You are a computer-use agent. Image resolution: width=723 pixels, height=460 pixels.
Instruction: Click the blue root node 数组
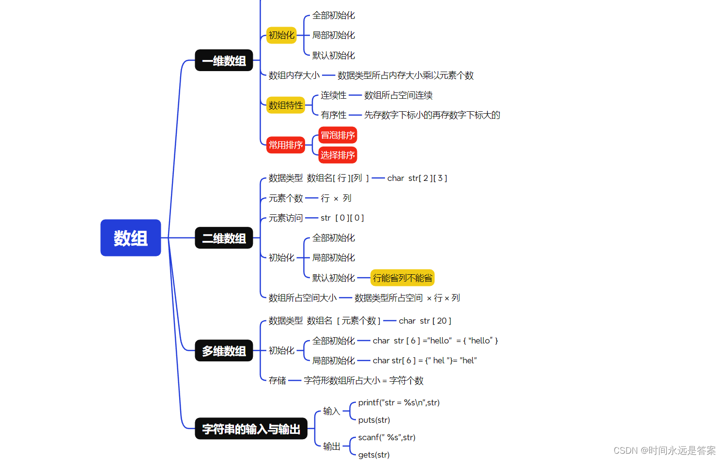130,238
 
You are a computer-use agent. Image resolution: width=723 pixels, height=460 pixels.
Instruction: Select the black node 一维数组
224,60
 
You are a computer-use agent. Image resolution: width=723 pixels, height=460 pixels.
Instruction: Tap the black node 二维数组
224,238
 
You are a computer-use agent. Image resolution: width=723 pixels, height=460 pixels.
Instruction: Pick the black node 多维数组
224,351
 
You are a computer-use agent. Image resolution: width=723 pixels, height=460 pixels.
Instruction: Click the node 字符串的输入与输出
251,429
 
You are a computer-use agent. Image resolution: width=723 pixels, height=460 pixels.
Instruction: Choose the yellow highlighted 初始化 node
281,35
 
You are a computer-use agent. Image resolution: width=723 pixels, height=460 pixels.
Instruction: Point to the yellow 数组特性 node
286,105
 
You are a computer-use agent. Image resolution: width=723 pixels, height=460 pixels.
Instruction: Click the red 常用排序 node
286,145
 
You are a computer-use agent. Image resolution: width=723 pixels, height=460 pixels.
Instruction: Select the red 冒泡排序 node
338,135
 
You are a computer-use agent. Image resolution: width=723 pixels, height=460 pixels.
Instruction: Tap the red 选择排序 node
338,155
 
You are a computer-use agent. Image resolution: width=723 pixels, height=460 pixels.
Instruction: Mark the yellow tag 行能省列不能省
402,278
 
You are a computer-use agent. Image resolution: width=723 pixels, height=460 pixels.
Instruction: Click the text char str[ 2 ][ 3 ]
417,178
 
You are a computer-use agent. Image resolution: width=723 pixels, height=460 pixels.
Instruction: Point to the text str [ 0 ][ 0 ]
342,218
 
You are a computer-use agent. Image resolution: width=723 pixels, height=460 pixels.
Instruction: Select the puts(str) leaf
374,420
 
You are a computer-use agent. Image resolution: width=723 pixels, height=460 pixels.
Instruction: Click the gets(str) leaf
374,455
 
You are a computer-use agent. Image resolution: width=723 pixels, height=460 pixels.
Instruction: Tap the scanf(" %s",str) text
386,437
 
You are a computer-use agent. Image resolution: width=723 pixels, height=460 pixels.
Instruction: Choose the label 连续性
334,95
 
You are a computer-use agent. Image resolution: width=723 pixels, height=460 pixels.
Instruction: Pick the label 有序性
334,115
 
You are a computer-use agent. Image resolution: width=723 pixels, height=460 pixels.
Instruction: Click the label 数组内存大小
294,75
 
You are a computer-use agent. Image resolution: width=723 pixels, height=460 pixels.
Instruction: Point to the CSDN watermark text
664,450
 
